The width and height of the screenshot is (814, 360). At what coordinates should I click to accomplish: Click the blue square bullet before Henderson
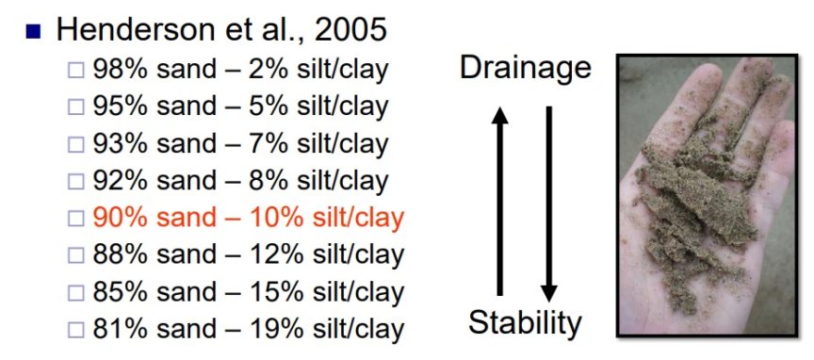point(33,32)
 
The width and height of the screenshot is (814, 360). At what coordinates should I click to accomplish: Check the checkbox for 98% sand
point(75,70)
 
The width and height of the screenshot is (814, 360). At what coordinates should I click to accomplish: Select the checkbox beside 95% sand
point(75,107)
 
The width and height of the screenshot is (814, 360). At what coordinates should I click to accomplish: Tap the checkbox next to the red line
point(75,219)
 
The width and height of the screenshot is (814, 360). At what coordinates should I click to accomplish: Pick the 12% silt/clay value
point(276,255)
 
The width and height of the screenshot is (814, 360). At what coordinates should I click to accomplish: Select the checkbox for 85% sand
point(75,293)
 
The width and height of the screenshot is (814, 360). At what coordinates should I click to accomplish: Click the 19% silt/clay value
point(276,329)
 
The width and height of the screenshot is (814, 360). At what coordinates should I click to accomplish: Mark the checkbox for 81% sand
point(75,330)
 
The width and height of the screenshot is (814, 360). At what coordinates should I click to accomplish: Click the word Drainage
point(526,69)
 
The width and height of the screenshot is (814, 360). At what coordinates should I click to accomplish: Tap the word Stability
point(525,322)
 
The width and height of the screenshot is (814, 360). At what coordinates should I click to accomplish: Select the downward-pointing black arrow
point(548,205)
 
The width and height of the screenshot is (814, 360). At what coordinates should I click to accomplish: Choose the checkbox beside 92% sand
point(75,181)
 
